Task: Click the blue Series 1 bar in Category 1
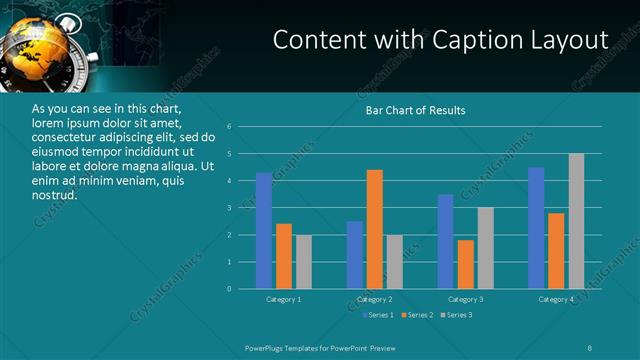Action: click(264, 231)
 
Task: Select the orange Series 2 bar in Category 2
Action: click(375, 229)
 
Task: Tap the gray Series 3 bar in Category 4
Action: click(576, 221)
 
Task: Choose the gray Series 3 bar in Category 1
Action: click(303, 262)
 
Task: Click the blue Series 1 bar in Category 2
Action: click(355, 255)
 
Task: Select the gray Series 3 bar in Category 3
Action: click(485, 248)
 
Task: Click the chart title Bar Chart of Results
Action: click(415, 110)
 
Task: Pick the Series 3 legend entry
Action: click(457, 315)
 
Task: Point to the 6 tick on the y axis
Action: click(229, 127)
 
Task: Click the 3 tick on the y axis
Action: click(229, 208)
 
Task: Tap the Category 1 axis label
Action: click(284, 299)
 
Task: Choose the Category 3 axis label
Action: click(465, 299)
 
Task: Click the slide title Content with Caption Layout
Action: click(440, 40)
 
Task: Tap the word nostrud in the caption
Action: click(54, 195)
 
